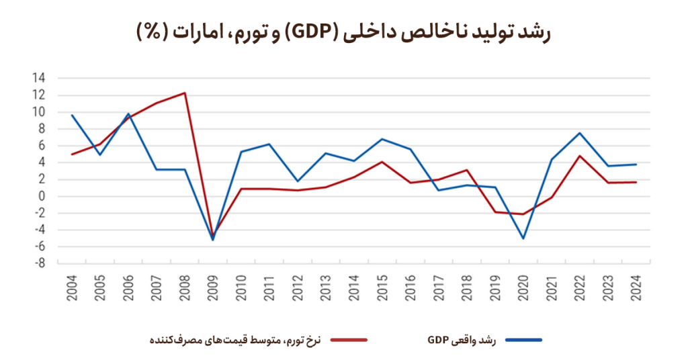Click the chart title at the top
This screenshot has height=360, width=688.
(x=343, y=32)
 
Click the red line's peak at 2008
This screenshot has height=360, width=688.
(x=185, y=93)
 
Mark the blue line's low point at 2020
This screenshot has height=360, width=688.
(x=523, y=238)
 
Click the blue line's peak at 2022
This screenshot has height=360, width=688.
(x=580, y=133)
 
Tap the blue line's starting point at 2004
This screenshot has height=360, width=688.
(x=71, y=115)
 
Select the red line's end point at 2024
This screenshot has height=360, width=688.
(x=636, y=182)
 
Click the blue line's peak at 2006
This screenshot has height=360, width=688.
(x=128, y=114)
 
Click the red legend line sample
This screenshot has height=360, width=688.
(x=349, y=340)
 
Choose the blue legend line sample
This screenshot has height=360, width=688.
(x=523, y=340)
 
